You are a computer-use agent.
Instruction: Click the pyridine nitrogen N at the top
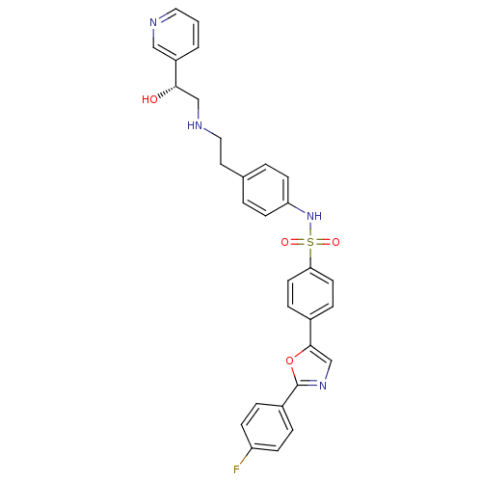(x=153, y=22)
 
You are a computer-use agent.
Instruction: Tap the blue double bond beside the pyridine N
(x=163, y=16)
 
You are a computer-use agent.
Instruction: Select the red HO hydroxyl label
(x=149, y=99)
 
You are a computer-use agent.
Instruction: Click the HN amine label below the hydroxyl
(x=196, y=125)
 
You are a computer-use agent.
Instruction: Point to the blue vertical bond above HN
(x=199, y=113)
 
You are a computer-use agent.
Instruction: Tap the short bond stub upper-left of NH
(x=300, y=209)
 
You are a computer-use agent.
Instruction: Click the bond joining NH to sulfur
(x=310, y=229)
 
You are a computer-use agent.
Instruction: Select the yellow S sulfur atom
(x=310, y=243)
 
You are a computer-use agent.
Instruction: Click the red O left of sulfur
(x=285, y=243)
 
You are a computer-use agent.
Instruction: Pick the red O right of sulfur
(x=335, y=243)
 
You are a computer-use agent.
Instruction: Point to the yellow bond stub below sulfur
(x=310, y=254)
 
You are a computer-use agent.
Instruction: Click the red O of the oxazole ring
(x=289, y=361)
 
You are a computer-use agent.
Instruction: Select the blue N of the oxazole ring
(x=323, y=386)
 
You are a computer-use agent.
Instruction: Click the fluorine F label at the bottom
(x=236, y=469)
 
